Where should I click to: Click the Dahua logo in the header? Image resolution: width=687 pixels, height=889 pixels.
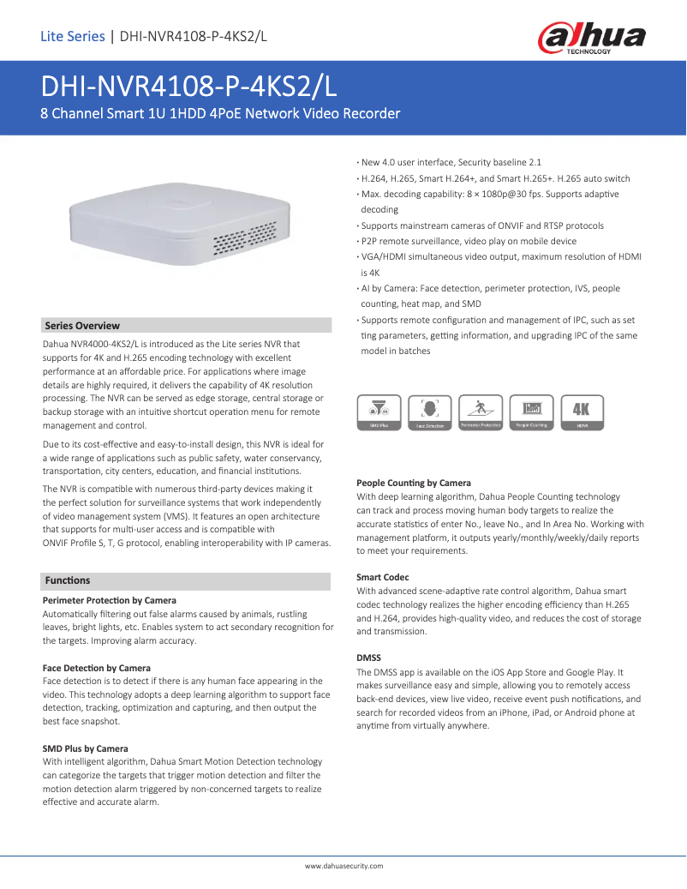click(591, 38)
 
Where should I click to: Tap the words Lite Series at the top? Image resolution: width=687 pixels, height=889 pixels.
click(72, 36)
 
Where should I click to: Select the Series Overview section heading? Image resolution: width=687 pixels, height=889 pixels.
click(82, 326)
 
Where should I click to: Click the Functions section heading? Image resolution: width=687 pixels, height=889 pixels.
click(68, 580)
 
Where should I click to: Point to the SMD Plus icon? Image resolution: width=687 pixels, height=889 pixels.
click(379, 412)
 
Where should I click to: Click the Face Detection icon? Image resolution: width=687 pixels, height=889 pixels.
click(430, 412)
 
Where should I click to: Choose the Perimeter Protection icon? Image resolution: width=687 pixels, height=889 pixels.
click(481, 412)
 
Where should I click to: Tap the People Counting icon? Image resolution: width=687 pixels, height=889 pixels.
click(531, 412)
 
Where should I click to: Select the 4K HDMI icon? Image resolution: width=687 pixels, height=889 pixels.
click(582, 412)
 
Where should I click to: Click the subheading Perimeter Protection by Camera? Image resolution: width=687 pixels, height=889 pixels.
click(110, 600)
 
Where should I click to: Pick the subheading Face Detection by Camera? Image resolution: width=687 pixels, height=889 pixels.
click(97, 668)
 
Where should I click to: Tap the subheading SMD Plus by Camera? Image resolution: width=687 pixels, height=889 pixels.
click(86, 748)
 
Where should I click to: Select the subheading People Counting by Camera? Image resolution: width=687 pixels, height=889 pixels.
click(414, 483)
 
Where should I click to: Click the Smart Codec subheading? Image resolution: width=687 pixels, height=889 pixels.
click(383, 577)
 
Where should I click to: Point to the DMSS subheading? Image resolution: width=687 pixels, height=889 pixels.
click(369, 658)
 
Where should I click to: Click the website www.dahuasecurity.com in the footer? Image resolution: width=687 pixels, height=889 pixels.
click(343, 867)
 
